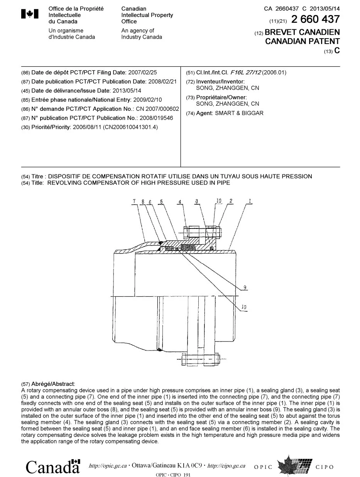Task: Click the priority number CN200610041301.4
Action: pyautogui.click(x=130, y=127)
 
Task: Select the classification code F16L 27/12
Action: pyautogui.click(x=245, y=72)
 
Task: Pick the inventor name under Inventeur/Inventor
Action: pyautogui.click(x=228, y=88)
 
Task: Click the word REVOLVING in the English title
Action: pyautogui.click(x=63, y=183)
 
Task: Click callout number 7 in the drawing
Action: pyautogui.click(x=134, y=201)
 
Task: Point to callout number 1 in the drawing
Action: pyautogui.click(x=250, y=201)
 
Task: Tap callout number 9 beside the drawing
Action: pyautogui.click(x=245, y=287)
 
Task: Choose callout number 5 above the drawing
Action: pyautogui.click(x=161, y=201)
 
